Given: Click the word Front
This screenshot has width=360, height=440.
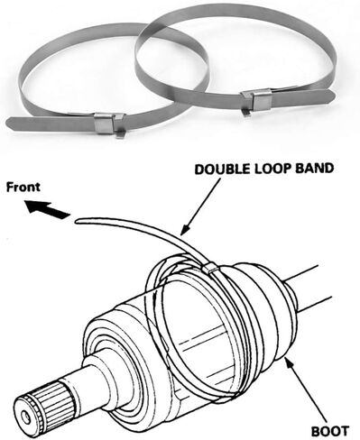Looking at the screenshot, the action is [23, 187].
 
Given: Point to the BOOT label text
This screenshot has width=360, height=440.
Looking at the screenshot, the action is [330, 431].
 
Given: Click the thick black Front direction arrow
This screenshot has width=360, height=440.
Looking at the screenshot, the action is [47, 209].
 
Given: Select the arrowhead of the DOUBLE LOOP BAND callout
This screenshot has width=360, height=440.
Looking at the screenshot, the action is [184, 229].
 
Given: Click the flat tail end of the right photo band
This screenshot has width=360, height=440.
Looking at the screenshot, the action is [328, 96].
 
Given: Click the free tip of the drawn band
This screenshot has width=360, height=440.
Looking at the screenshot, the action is [78, 222].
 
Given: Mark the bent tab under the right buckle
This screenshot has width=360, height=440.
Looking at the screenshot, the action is [245, 113].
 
